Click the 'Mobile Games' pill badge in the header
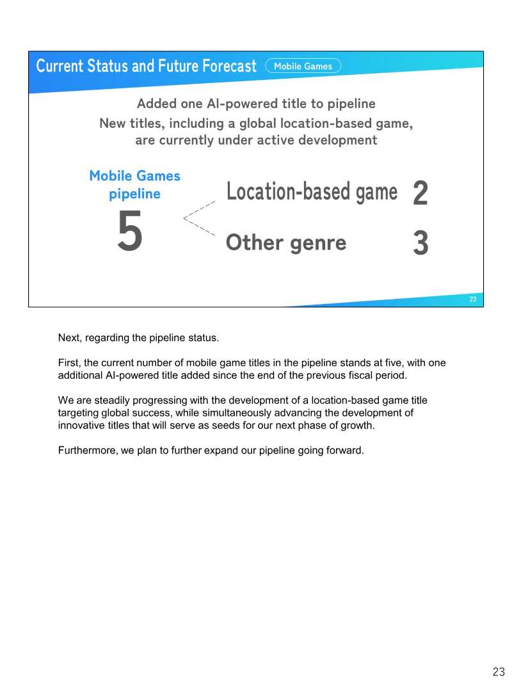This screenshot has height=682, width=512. click(303, 66)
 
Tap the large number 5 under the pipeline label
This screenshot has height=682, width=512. click(130, 230)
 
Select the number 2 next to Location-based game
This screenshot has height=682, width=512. click(420, 193)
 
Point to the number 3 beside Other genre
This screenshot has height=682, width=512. click(420, 242)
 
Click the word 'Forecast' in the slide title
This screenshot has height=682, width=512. click(229, 66)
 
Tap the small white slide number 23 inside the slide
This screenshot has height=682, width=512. click(473, 299)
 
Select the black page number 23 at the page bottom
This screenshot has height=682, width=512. click(499, 672)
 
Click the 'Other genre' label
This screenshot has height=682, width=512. click(286, 242)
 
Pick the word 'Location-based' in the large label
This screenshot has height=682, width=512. click(289, 191)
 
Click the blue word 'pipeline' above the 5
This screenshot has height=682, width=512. click(135, 194)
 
